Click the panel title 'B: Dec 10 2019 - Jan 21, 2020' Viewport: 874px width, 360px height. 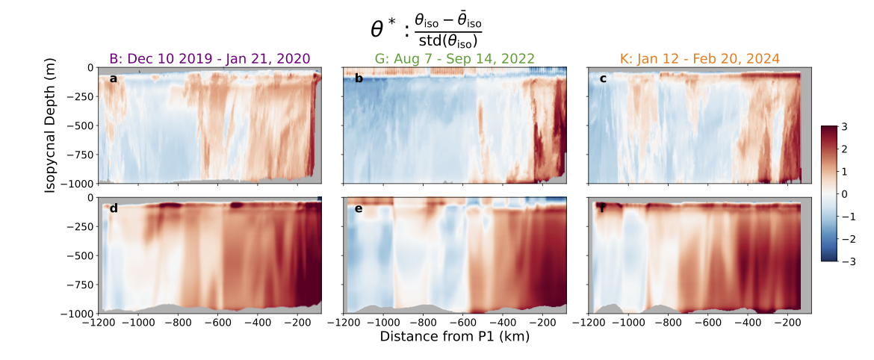tap(209, 58)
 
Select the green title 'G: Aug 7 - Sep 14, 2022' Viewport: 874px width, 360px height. tap(454, 58)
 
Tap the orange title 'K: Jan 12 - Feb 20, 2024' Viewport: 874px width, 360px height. tap(699, 58)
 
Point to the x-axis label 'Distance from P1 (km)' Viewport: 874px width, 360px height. tap(454, 337)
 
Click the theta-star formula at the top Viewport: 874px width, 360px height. tap(427, 28)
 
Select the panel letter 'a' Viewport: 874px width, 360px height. tap(114, 78)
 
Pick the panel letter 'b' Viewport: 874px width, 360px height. tap(359, 78)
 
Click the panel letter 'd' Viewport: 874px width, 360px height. tap(114, 208)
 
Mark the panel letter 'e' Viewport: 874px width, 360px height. tap(359, 208)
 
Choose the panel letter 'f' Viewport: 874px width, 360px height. tap(603, 208)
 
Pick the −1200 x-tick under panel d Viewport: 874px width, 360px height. tap(98, 323)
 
